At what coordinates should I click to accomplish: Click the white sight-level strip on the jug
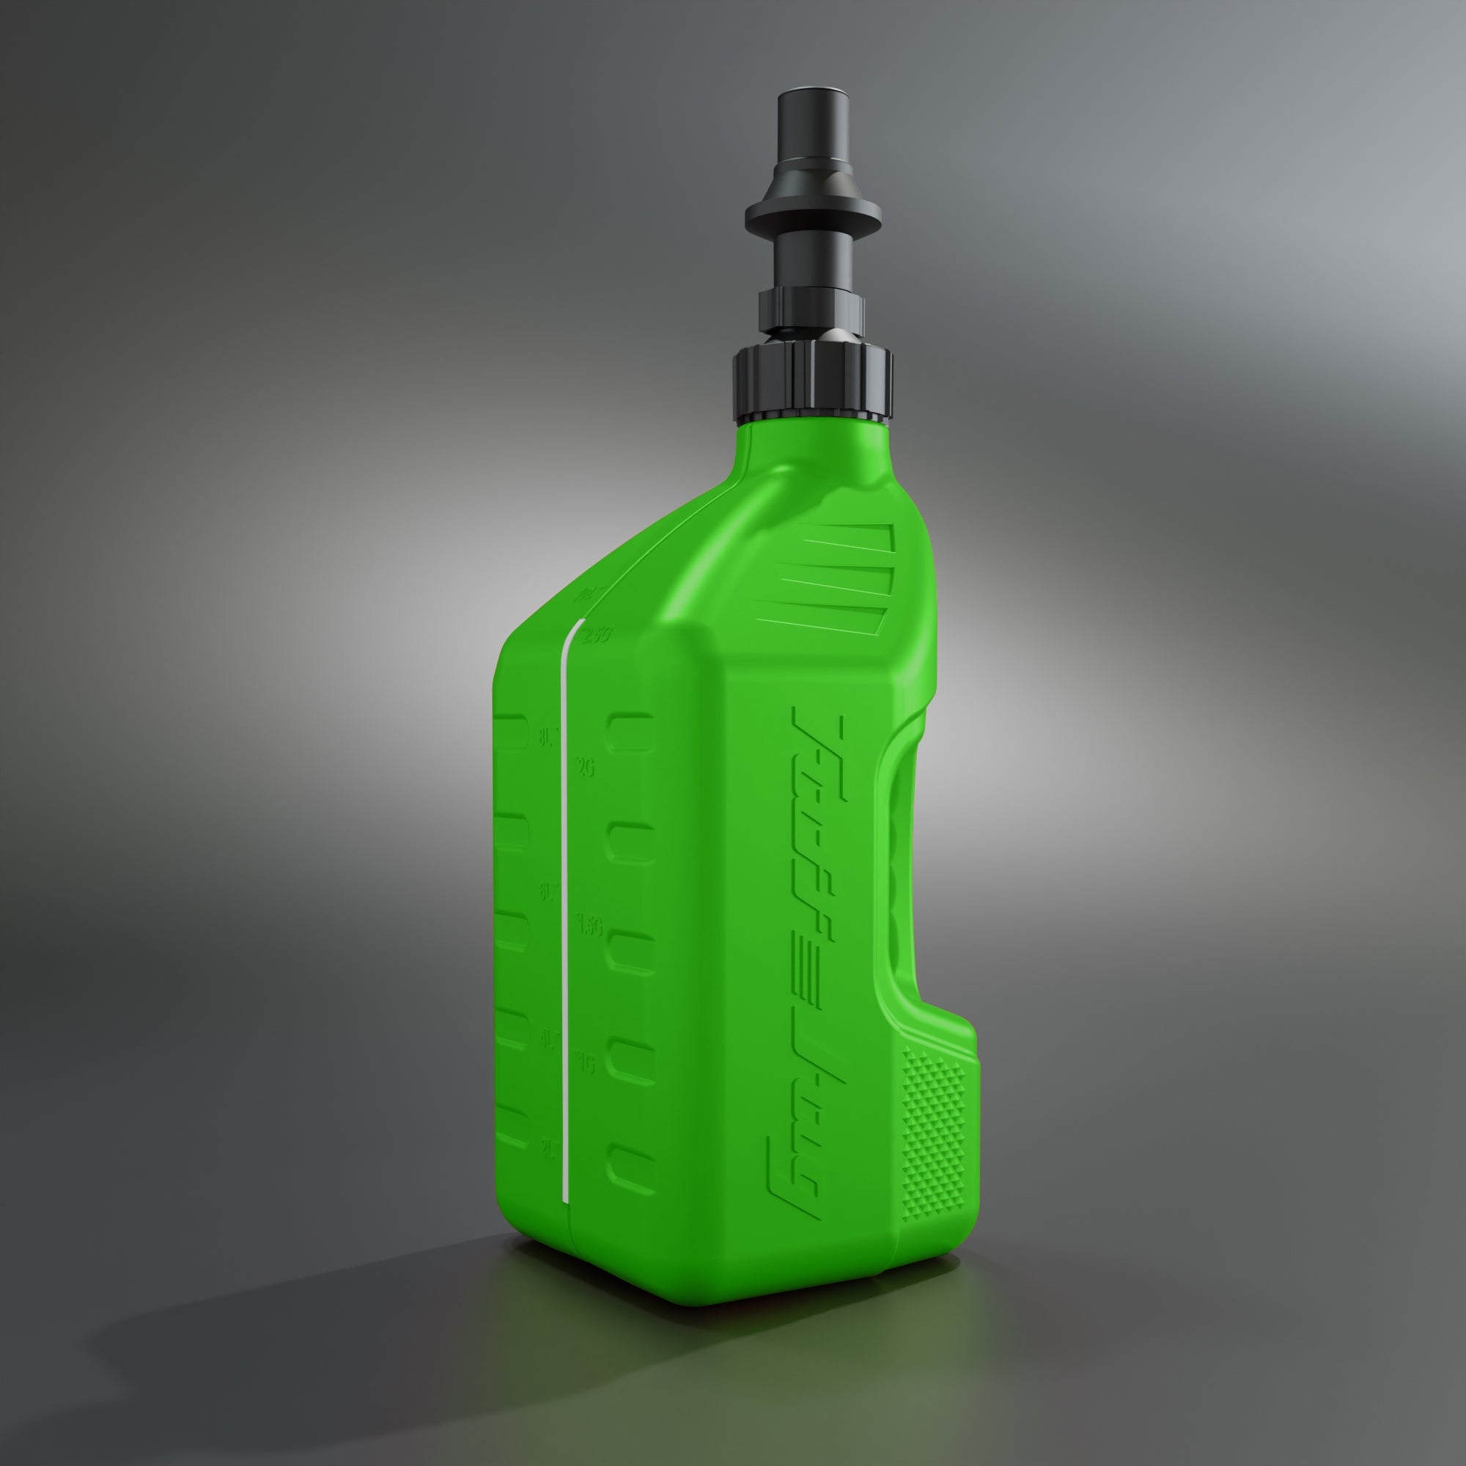coord(564,872)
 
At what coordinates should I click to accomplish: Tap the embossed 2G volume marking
coord(585,768)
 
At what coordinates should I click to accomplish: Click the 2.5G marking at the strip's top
coord(595,635)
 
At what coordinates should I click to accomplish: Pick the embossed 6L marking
coord(548,893)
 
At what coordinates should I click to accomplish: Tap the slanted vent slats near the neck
coord(835,577)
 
